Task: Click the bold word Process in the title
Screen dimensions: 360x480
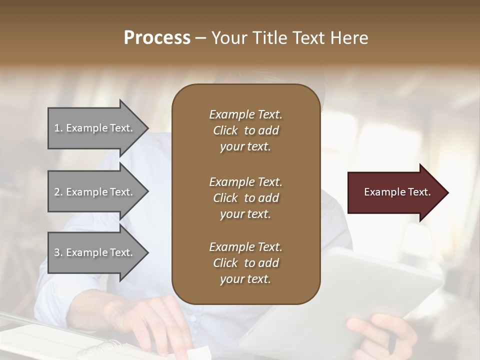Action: click(x=157, y=38)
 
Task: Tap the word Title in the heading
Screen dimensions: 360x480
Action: click(x=272, y=38)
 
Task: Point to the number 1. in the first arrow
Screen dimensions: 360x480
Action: click(x=58, y=128)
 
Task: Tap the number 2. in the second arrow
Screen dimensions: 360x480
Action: click(x=58, y=192)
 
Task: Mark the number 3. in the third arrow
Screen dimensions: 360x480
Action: click(x=58, y=252)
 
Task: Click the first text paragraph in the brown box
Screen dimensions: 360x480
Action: click(x=245, y=130)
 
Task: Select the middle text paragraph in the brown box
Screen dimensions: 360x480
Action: click(x=245, y=197)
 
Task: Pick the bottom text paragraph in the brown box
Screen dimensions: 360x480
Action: click(x=245, y=263)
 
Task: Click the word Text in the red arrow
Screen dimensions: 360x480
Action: click(x=419, y=192)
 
